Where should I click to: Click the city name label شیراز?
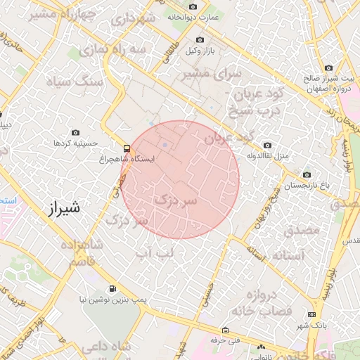click(62, 208)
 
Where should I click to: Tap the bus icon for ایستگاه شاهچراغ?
click(127, 148)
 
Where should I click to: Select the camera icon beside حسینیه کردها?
click(76, 133)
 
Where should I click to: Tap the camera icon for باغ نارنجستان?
click(306, 174)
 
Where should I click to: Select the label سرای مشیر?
click(212, 73)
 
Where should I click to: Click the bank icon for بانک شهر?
click(313, 314)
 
